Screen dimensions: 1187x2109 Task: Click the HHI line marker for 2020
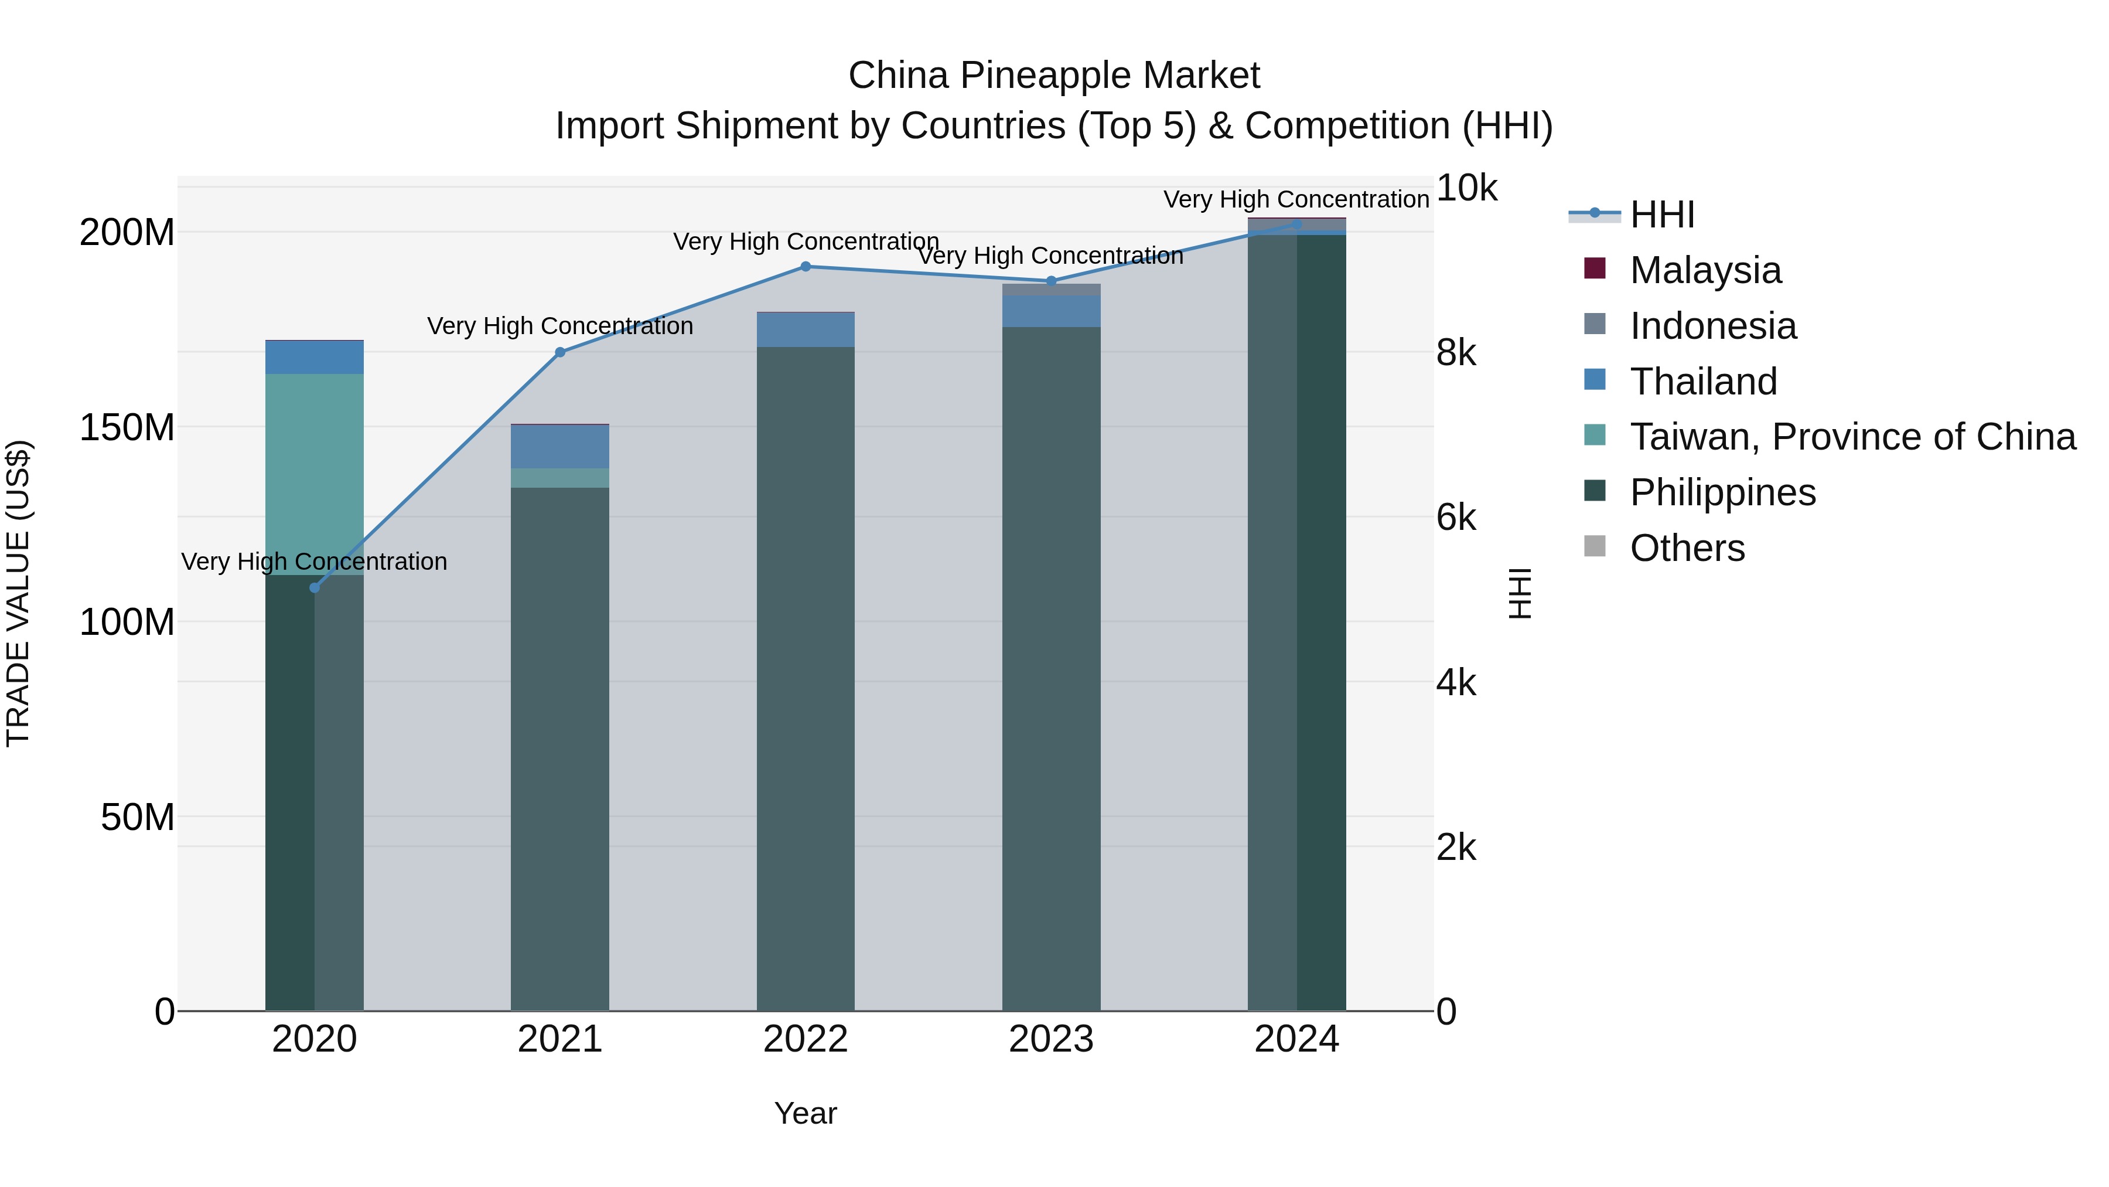click(x=315, y=587)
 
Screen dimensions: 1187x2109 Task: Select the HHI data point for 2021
click(x=560, y=352)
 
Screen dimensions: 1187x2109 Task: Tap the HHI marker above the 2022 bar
click(x=806, y=266)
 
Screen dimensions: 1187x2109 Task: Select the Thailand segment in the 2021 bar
click(x=560, y=447)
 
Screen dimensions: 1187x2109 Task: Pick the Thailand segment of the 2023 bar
click(x=1051, y=311)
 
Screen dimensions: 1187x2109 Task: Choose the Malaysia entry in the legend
click(x=1705, y=270)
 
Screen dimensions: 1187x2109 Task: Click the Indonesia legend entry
click(x=1713, y=326)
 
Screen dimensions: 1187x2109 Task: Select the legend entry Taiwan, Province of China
click(x=1852, y=437)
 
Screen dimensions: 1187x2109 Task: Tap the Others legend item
click(x=1687, y=548)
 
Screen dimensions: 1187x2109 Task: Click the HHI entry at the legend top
click(x=1662, y=215)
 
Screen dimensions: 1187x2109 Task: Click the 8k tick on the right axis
click(x=1456, y=353)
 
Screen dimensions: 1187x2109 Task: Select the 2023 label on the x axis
click(x=1051, y=1039)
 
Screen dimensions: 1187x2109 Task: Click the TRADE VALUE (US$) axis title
click(x=18, y=593)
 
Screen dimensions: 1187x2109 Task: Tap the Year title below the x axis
click(x=806, y=1113)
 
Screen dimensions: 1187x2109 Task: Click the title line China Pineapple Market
click(x=1054, y=76)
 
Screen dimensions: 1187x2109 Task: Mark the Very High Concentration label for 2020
click(x=315, y=562)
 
